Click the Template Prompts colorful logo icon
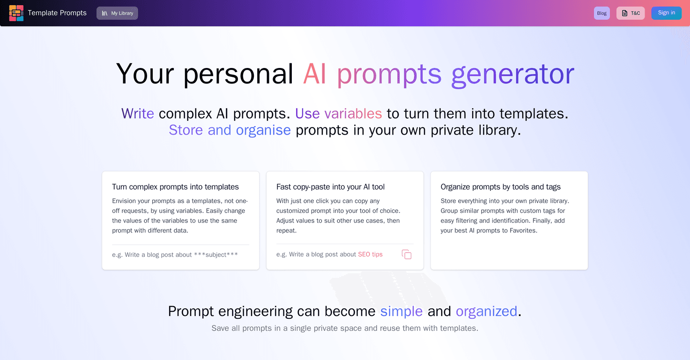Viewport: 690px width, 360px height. (16, 13)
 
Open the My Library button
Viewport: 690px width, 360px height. (117, 13)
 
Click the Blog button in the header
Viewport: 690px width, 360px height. (601, 13)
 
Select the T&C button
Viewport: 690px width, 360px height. (631, 13)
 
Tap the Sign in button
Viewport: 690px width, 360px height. (666, 13)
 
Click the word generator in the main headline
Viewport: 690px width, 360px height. (513, 74)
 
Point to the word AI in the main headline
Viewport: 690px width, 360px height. (314, 74)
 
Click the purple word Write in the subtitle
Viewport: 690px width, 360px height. (137, 113)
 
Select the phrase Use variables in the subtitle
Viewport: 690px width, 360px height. (339, 113)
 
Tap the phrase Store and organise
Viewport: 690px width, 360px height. (230, 130)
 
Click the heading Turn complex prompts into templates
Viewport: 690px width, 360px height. (175, 187)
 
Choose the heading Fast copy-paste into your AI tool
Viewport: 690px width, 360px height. (330, 187)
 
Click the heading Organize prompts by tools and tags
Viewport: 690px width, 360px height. (500, 187)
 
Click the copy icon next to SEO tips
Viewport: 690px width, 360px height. (407, 255)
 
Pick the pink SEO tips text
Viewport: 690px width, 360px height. (370, 254)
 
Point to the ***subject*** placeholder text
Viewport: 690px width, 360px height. (216, 255)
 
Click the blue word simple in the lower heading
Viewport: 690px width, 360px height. (401, 311)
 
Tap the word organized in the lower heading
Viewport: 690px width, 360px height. (486, 311)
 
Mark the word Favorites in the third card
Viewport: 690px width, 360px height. (523, 231)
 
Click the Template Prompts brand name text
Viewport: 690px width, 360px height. (57, 13)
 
